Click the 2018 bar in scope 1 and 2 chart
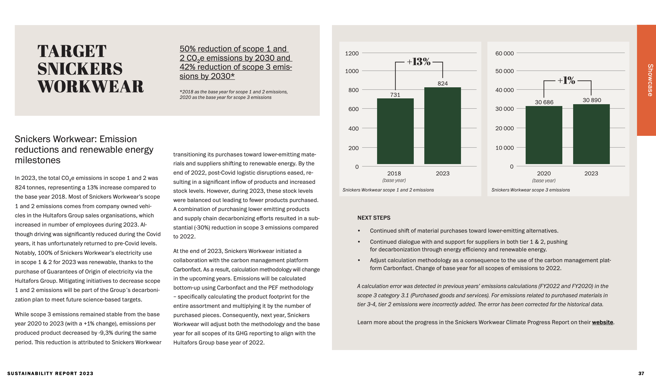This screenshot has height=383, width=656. pos(395,131)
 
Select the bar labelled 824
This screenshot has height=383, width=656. pos(442,126)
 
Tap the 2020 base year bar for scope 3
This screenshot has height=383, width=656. pos(544,135)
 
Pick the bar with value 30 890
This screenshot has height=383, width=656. pos(591,134)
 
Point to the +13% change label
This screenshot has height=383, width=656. pos(419,62)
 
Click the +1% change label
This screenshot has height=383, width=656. pos(566,80)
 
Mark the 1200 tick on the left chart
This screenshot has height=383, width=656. pos(352,53)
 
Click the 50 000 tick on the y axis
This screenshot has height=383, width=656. pos(504,71)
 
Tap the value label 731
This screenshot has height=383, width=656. pos(395,95)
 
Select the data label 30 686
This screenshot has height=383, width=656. pos(544,102)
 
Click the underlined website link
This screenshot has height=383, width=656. pos(602,322)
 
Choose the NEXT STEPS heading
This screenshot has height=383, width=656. pos(374,218)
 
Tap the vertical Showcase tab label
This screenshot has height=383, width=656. pos(650,80)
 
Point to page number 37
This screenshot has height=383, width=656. pos(641,373)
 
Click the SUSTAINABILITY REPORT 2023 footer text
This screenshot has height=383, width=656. pos(50,373)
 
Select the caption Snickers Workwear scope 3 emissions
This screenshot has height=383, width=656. pos(530,190)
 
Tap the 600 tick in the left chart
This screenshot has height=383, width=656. pos(353,109)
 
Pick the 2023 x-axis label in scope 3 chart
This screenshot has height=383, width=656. pos(591,173)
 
